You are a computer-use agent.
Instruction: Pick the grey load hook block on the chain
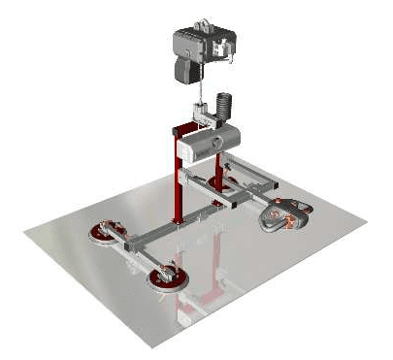pos(207,116)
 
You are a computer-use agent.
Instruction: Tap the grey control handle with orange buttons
pos(285,213)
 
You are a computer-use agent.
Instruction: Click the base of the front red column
pos(179,220)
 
